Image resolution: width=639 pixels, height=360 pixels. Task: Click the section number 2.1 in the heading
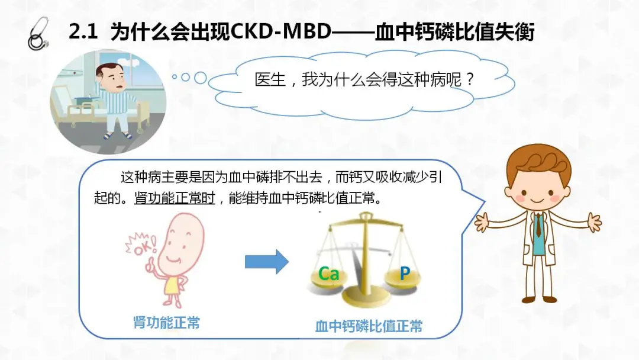(x=83, y=32)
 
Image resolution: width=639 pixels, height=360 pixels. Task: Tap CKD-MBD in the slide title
(x=281, y=32)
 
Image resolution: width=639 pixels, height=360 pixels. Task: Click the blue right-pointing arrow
(x=267, y=261)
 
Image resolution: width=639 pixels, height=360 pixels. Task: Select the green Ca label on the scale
(x=328, y=274)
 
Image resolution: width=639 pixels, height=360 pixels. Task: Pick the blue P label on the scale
(x=404, y=273)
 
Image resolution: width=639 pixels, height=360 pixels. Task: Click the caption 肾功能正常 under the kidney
(x=167, y=323)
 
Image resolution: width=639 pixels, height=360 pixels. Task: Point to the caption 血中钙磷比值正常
(x=369, y=326)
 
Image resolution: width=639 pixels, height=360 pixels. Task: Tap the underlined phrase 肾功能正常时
(x=175, y=198)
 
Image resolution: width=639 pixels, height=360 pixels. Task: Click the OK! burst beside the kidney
(x=141, y=244)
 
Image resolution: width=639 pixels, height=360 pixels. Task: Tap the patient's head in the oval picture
(x=111, y=77)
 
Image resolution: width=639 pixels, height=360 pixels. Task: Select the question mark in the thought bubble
(x=469, y=79)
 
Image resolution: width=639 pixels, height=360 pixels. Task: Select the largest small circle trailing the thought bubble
(x=201, y=78)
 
